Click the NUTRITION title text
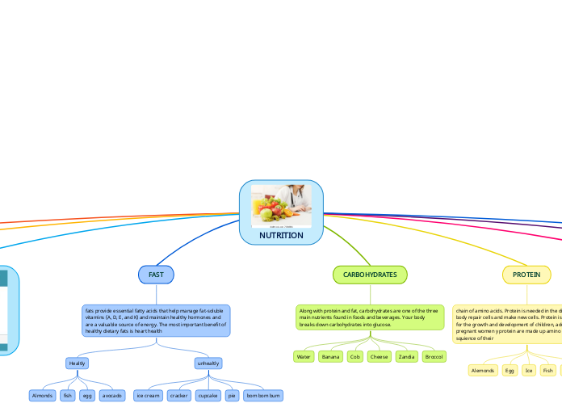pyautogui.click(x=281, y=236)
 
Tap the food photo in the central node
pyautogui.click(x=281, y=206)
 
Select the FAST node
pyautogui.click(x=156, y=275)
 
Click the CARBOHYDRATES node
pyautogui.click(x=370, y=275)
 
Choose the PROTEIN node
pyautogui.click(x=526, y=275)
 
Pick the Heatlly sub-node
pyautogui.click(x=77, y=363)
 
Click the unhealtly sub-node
pyautogui.click(x=208, y=363)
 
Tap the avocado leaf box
pyautogui.click(x=112, y=396)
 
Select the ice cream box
pyautogui.click(x=148, y=396)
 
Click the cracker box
pyautogui.click(x=179, y=396)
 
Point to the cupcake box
pyautogui.click(x=208, y=396)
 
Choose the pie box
pyautogui.click(x=232, y=396)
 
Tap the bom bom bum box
pyautogui.click(x=263, y=396)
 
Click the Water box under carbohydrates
pyautogui.click(x=304, y=356)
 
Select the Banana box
pyautogui.click(x=330, y=356)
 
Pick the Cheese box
pyautogui.click(x=379, y=356)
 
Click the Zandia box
pyautogui.click(x=406, y=356)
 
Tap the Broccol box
pyautogui.click(x=434, y=356)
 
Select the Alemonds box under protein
pyautogui.click(x=483, y=371)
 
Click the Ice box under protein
pyautogui.click(x=529, y=371)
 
